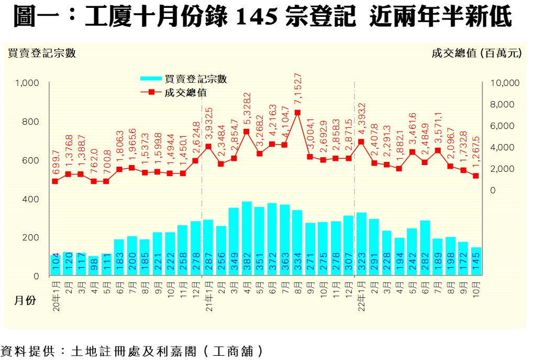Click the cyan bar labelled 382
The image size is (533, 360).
(247, 238)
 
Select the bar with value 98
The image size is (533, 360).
(94, 266)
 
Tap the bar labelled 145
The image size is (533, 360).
(475, 261)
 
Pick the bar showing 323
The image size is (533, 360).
(361, 244)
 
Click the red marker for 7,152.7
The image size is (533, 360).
(297, 112)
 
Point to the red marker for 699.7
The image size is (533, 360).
(55, 181)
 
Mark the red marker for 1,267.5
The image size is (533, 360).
(475, 176)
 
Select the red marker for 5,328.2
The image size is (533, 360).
(247, 132)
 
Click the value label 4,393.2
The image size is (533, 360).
(362, 117)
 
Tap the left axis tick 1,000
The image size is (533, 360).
(28, 83)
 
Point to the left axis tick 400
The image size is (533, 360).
(32, 199)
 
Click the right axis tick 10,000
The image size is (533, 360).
(504, 83)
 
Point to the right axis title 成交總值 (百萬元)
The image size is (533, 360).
(476, 53)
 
